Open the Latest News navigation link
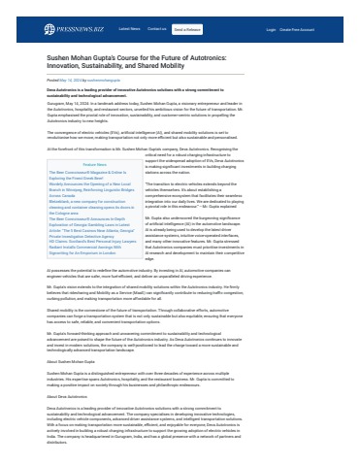point(130,29)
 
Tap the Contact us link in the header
point(157,29)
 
